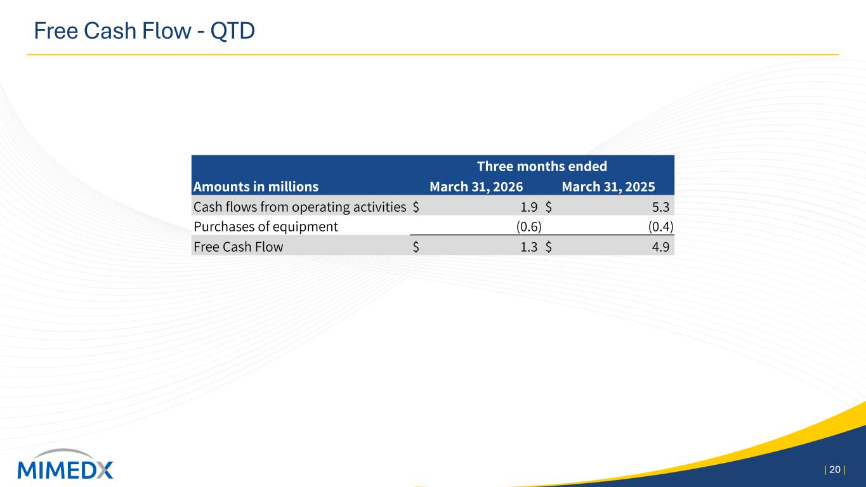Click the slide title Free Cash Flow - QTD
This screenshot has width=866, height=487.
pos(144,31)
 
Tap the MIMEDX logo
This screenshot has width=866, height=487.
pos(65,464)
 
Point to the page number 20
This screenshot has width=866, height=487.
pos(835,470)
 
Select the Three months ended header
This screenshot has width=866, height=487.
pos(542,166)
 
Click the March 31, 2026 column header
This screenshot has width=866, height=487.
pos(476,186)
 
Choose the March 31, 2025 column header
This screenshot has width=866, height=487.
pos(608,186)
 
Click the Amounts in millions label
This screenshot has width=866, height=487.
pos(256,186)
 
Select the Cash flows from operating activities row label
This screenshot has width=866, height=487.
pos(299,207)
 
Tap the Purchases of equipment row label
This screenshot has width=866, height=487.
pos(266,227)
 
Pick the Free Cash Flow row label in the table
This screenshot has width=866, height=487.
pos(238,247)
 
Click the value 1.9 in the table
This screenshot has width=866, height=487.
pos(528,207)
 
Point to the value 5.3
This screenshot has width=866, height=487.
pos(660,207)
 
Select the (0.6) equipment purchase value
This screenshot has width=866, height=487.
pos(529,227)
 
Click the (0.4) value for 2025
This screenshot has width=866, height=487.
pos(660,227)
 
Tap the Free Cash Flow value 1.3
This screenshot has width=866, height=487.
pos(528,247)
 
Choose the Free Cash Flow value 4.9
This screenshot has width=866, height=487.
pos(660,247)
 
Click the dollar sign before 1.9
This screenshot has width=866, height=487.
pos(416,207)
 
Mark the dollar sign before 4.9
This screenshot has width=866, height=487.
pos(549,247)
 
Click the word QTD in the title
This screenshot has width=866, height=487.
pos(232,31)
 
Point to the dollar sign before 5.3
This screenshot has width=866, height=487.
pos(549,207)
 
